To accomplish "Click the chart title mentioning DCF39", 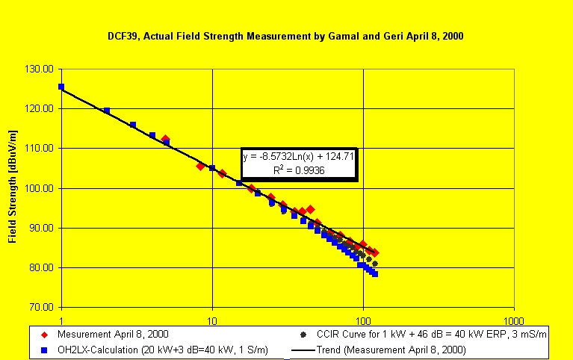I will (287, 36).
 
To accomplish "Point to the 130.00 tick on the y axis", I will (41, 69).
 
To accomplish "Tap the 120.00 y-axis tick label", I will (41, 108).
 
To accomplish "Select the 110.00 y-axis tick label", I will (41, 148).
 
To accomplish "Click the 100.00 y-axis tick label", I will (41, 188).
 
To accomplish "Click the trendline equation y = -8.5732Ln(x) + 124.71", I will (299, 158).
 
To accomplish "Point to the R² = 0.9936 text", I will (298, 171).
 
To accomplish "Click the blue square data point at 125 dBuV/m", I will (61, 87).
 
